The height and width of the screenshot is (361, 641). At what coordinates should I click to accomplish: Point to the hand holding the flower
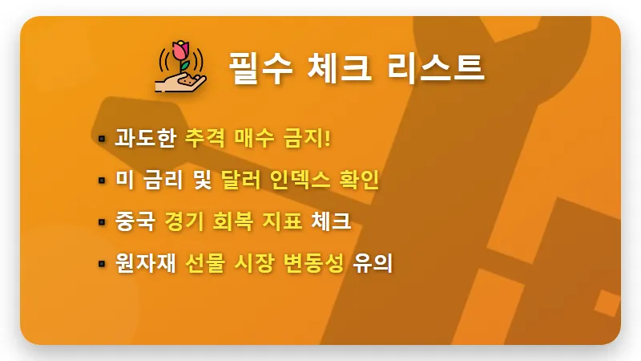tap(177, 80)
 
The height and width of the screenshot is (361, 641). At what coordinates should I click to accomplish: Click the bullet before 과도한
tap(102, 138)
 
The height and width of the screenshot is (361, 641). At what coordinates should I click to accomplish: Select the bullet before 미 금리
tap(102, 180)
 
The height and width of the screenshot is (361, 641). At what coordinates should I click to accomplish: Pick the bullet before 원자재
tap(102, 263)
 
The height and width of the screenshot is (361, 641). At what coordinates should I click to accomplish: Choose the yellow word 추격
tap(204, 137)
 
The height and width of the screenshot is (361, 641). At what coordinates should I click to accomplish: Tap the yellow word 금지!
tap(308, 137)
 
